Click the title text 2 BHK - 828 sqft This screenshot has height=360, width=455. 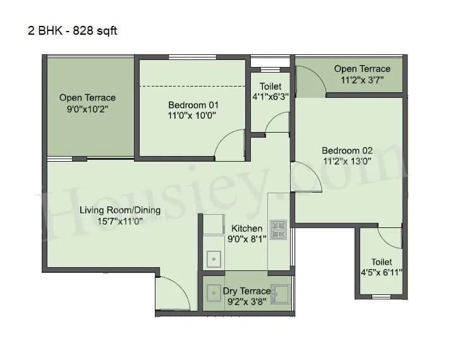[71, 30]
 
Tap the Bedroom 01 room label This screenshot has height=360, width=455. [193, 105]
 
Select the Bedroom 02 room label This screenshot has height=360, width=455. [347, 150]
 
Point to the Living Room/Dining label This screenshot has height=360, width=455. [120, 210]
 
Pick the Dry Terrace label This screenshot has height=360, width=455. [246, 291]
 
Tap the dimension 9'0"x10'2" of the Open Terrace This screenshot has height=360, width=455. [87, 109]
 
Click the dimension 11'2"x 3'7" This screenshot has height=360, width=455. [362, 80]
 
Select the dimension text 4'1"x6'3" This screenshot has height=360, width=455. [270, 97]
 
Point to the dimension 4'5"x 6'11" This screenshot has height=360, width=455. [381, 273]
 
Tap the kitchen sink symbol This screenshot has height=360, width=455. [214, 260]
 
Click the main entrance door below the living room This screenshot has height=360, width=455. [172, 294]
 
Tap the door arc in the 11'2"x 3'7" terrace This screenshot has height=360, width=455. [311, 81]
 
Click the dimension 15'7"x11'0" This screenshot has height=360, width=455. [120, 222]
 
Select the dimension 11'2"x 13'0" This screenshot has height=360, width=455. [347, 161]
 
